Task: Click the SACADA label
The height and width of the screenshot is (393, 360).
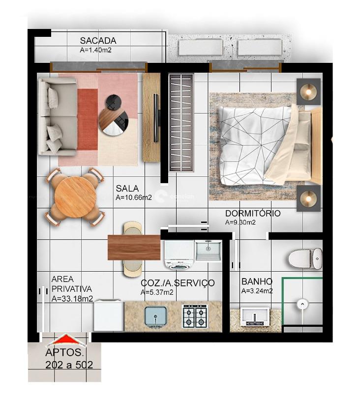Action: click(98, 41)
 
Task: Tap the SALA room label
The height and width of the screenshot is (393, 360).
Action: click(127, 188)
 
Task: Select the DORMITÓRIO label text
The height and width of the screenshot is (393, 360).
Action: click(253, 214)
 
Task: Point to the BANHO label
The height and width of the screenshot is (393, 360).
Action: click(257, 282)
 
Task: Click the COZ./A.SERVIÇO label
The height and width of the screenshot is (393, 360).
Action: click(178, 283)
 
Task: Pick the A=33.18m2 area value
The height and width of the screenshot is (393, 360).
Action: click(72, 298)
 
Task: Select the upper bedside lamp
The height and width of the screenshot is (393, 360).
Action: click(308, 91)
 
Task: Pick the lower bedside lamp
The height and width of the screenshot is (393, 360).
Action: click(308, 198)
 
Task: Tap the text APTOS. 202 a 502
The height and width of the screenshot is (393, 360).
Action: click(69, 359)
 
